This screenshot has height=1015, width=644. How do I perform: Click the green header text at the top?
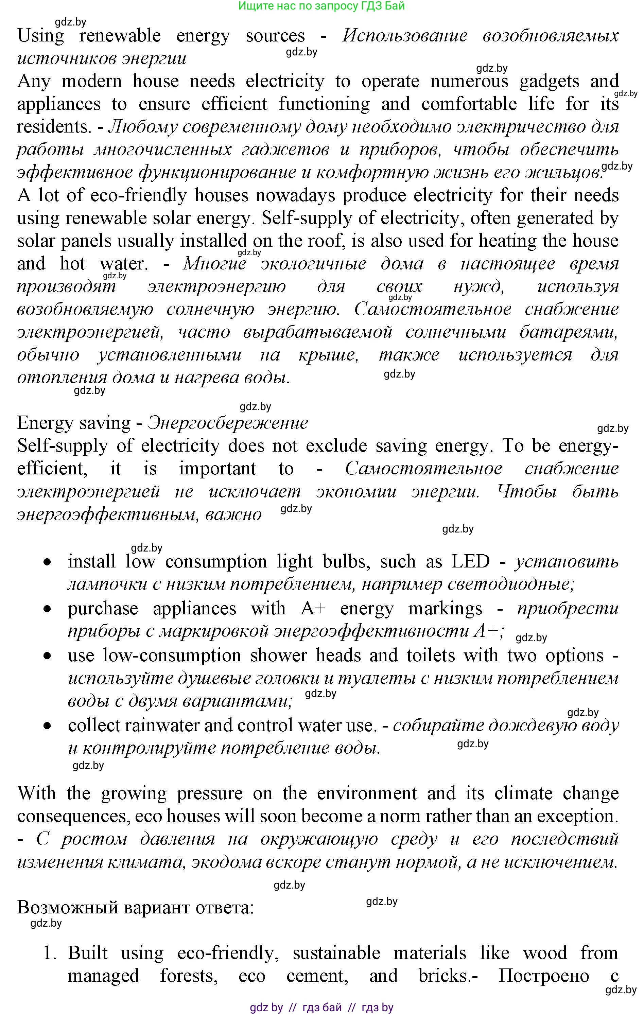point(321,6)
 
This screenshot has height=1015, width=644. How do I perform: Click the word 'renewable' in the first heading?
point(120,35)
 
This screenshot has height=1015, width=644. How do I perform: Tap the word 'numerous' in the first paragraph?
point(469,81)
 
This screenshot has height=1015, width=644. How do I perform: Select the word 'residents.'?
point(54,126)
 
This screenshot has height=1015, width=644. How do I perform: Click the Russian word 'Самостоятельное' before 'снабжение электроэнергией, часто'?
point(433,309)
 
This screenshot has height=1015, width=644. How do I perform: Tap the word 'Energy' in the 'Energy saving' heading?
point(40,423)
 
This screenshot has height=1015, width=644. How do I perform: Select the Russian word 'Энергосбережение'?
point(228,423)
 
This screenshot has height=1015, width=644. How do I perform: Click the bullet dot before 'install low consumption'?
point(49,563)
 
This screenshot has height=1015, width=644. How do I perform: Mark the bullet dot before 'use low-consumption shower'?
point(49,656)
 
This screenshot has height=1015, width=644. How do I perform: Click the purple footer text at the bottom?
point(321,1008)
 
